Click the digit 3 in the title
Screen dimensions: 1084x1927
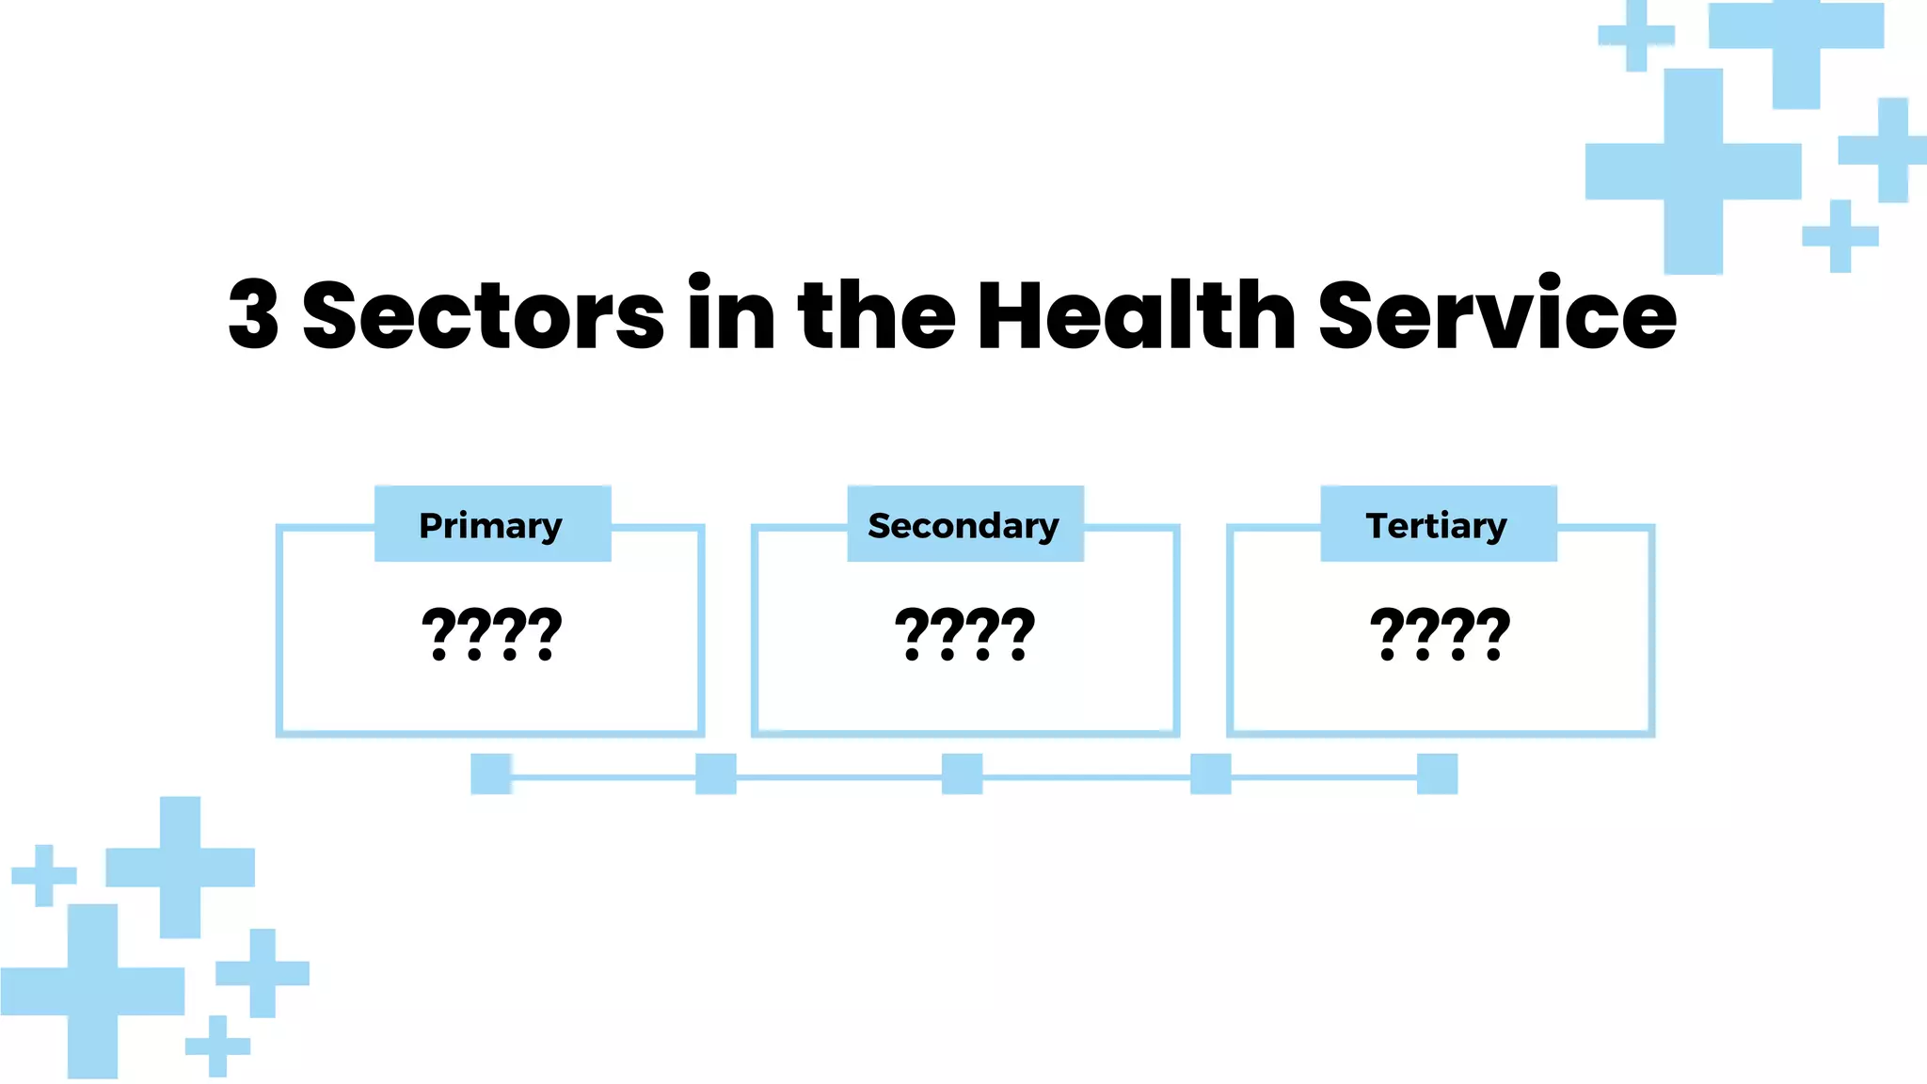254,315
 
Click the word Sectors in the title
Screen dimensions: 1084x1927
483,315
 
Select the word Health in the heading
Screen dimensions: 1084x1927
1136,315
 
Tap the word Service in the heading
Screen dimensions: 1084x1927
1497,315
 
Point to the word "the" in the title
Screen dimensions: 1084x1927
876,315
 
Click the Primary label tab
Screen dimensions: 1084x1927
492,524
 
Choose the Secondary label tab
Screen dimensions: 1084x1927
964,524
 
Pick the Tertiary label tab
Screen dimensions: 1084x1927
1438,524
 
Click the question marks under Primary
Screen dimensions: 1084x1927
491,634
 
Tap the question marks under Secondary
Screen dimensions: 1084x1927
964,634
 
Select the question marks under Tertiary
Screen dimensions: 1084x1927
1440,634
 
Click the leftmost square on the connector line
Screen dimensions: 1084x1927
491,773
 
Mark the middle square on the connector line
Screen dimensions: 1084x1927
962,773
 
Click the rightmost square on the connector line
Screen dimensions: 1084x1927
1437,773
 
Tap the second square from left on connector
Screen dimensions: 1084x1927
716,773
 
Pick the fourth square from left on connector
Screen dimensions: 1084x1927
1210,773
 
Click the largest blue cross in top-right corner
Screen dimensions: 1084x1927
1693,171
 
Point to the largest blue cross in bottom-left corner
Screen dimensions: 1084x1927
92,991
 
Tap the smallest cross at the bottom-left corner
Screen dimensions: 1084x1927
217,1045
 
